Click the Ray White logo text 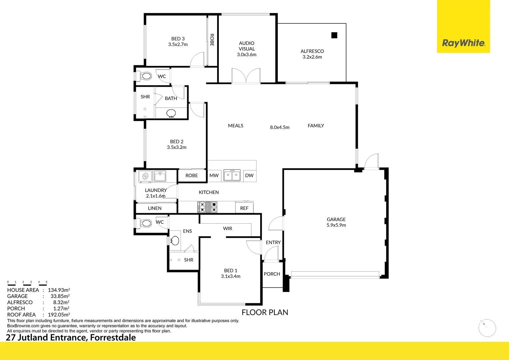[x=463, y=43]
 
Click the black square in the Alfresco [x=334, y=35]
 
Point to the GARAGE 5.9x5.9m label [x=336, y=222]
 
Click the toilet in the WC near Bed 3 [x=146, y=76]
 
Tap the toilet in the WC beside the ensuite [x=146, y=223]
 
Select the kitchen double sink [x=232, y=175]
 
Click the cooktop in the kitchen [x=207, y=207]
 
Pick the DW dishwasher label [x=249, y=175]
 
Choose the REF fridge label [x=244, y=208]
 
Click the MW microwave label [x=214, y=175]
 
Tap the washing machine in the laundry [x=145, y=176]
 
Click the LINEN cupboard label [x=155, y=208]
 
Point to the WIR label [x=228, y=228]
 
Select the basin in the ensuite [x=175, y=240]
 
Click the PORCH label [x=272, y=274]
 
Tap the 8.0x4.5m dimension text [x=279, y=127]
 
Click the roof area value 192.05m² [x=59, y=314]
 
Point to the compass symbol [x=487, y=328]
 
